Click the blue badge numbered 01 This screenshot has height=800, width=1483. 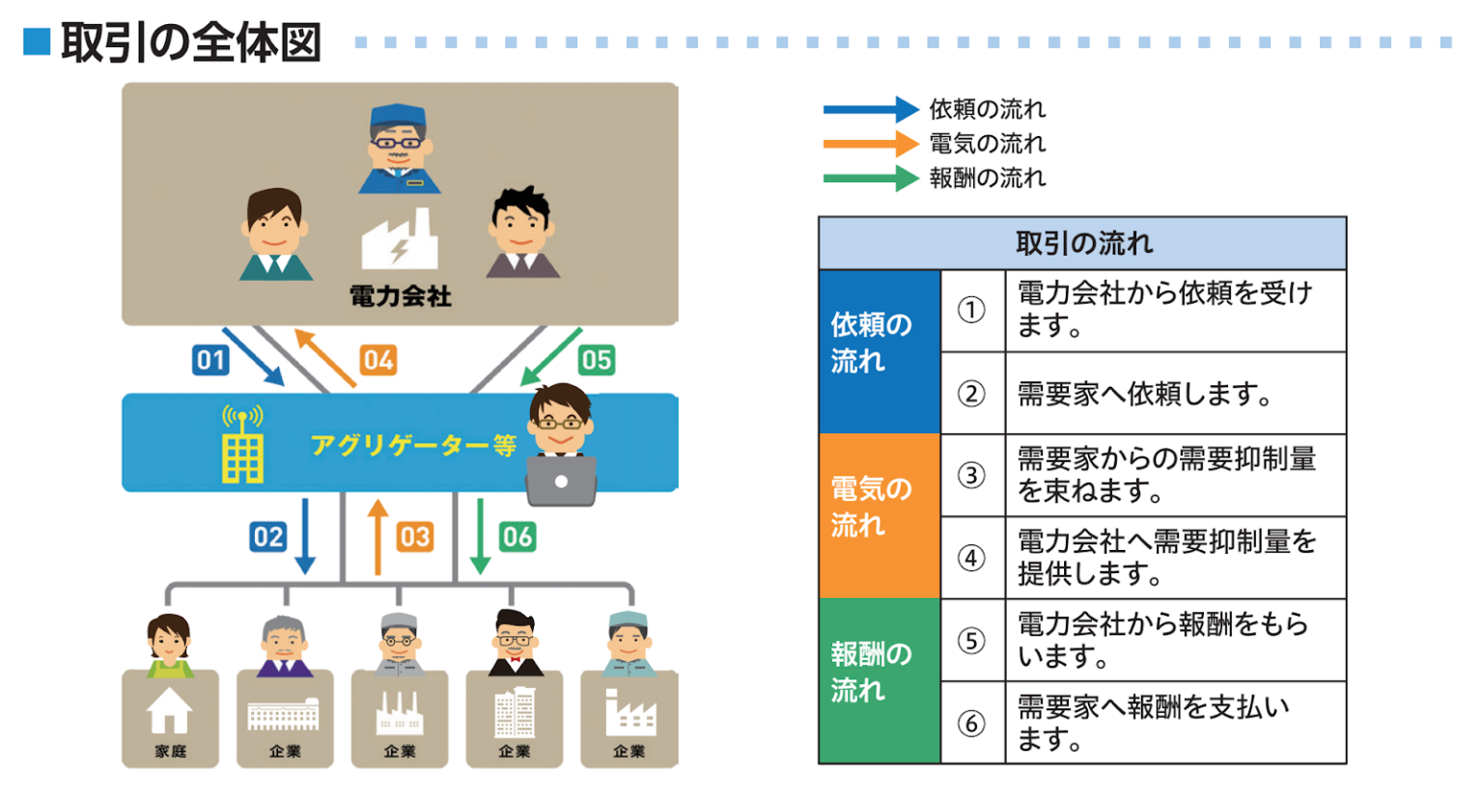pyautogui.click(x=210, y=360)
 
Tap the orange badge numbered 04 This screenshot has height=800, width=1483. pyautogui.click(x=378, y=360)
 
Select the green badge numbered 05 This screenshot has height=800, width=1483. pyautogui.click(x=596, y=360)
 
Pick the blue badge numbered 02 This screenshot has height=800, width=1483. pyautogui.click(x=267, y=537)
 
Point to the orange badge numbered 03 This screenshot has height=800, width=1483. pyautogui.click(x=414, y=537)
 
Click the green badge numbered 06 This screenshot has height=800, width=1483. pyautogui.click(x=517, y=537)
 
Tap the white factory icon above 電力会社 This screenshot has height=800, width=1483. pyautogui.click(x=399, y=241)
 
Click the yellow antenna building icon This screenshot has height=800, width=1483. pyautogui.click(x=242, y=446)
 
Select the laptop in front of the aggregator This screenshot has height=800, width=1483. pyautogui.click(x=561, y=481)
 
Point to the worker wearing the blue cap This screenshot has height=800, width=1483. pyautogui.click(x=398, y=150)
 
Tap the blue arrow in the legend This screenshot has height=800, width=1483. pyautogui.click(x=869, y=109)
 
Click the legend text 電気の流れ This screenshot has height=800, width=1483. pyautogui.click(x=987, y=144)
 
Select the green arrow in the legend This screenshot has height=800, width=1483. pyautogui.click(x=869, y=179)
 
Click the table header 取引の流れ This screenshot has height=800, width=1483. pyautogui.click(x=1083, y=243)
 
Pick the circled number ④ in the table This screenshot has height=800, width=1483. pyautogui.click(x=971, y=558)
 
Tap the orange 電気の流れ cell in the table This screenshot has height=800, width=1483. pyautogui.click(x=879, y=515)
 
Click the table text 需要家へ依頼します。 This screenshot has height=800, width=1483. pyautogui.click(x=1143, y=394)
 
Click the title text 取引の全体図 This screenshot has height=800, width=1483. pyautogui.click(x=190, y=43)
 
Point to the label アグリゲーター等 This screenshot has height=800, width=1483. pyautogui.click(x=413, y=445)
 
